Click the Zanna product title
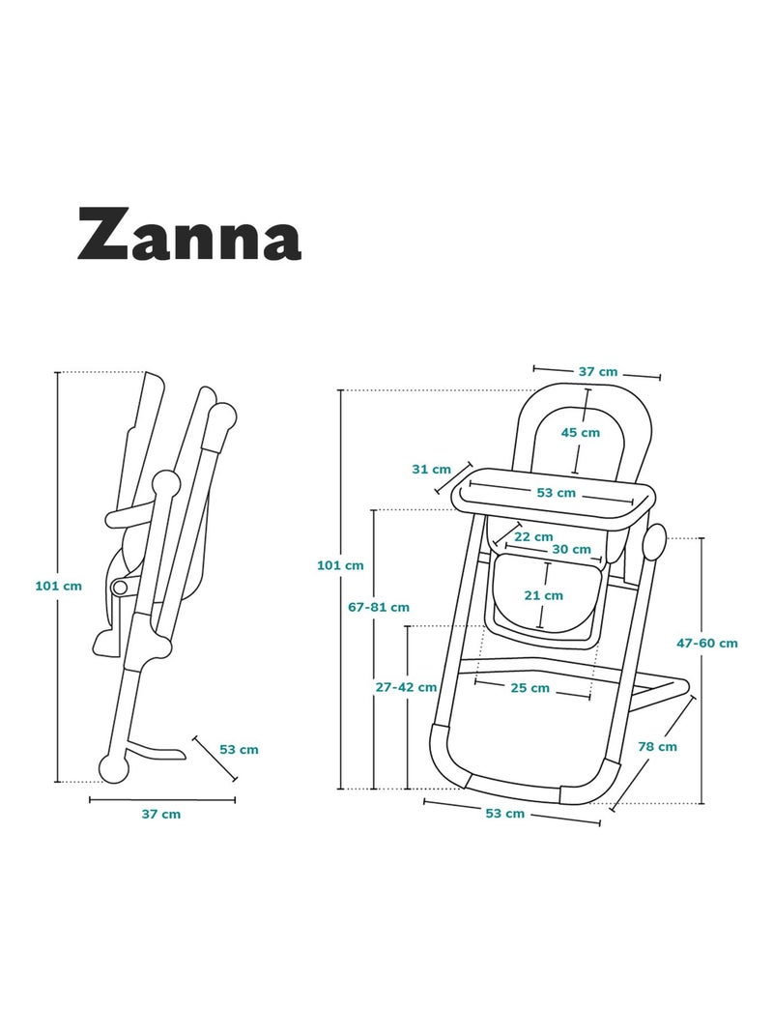189,233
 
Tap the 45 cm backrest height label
581,432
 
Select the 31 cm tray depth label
432,469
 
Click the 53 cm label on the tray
556,493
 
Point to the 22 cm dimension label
533,536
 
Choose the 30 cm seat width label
571,549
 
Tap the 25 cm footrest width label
530,688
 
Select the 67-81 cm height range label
379,607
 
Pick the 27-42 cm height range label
406,687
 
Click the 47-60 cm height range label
706,643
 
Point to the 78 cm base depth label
657,746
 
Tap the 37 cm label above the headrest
597,371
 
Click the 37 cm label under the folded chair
161,814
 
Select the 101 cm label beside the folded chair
58,585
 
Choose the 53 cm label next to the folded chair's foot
239,749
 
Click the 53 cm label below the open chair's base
504,814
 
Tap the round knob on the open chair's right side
653,544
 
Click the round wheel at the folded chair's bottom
114,768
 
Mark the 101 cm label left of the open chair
340,565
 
